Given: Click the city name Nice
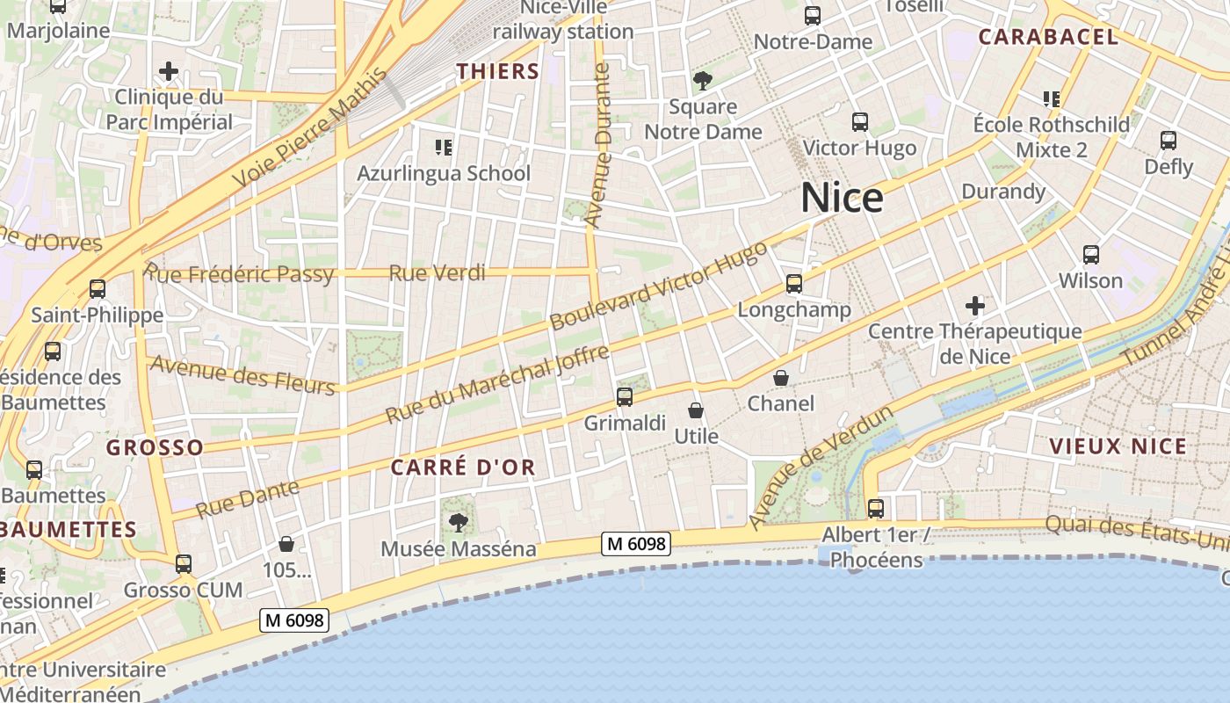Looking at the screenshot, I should tap(842, 198).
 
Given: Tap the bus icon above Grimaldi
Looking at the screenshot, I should tap(625, 397).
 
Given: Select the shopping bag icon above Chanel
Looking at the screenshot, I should tap(780, 378).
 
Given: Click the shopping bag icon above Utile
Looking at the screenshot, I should tap(696, 410).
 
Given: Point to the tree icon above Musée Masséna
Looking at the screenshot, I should tap(458, 523).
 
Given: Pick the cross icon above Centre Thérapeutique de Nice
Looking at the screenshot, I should tap(974, 306).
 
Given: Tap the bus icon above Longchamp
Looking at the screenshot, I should tap(794, 283).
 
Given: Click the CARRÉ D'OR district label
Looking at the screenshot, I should tap(463, 467).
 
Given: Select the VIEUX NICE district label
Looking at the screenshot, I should tap(1118, 446).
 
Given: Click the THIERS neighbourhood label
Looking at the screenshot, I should tap(497, 71).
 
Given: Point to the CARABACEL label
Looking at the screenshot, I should tap(1048, 37).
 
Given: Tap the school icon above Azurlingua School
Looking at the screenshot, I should tap(444, 147).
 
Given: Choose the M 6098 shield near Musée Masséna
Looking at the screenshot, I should tap(636, 544).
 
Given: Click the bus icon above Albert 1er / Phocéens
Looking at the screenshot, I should tap(875, 508).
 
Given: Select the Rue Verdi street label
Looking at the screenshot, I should tap(437, 273).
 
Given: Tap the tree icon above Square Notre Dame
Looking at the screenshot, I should tap(702, 82).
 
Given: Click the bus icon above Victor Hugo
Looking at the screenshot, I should tap(860, 122).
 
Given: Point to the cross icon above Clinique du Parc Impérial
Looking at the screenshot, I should tap(169, 71).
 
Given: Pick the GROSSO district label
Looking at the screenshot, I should tap(155, 447).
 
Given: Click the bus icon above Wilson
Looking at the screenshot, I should tap(1091, 255).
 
